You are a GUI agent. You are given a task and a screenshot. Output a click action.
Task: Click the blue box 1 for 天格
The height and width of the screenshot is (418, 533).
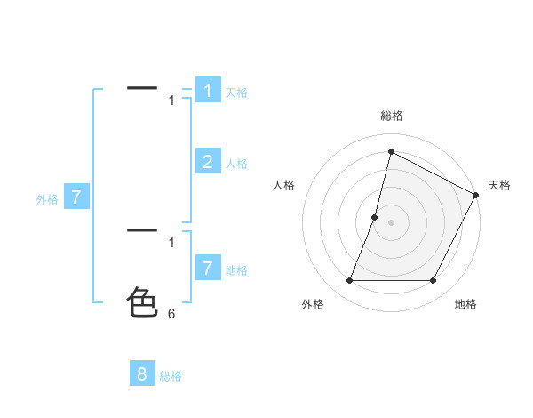click(x=208, y=91)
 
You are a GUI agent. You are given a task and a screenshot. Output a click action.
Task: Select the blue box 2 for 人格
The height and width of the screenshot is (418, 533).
click(x=208, y=162)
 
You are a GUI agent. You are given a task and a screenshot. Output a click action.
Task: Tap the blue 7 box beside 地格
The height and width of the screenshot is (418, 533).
click(x=208, y=269)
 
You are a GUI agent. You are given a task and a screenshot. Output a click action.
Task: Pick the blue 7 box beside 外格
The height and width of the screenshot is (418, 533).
click(x=76, y=198)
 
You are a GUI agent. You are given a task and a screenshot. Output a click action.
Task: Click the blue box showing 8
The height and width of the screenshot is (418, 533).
click(x=142, y=374)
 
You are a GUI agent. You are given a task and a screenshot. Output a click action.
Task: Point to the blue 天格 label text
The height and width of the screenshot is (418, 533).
click(x=236, y=92)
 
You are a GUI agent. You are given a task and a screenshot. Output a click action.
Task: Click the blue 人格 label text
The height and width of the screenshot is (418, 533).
click(x=236, y=164)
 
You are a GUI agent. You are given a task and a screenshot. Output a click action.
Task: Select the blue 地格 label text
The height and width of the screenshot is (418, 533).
click(x=236, y=270)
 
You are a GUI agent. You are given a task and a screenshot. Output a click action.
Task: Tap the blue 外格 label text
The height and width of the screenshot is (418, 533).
click(x=47, y=200)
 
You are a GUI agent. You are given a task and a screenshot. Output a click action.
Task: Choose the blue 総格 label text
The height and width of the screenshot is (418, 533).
click(x=171, y=376)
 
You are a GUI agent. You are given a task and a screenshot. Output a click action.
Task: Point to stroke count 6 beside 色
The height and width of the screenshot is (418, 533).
click(x=171, y=314)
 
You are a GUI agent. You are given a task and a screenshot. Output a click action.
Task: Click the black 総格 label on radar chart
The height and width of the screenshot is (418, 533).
click(x=392, y=116)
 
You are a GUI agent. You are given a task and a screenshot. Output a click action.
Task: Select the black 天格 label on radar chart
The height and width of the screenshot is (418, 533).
click(x=499, y=185)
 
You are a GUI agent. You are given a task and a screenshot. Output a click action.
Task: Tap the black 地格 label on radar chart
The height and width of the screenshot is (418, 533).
click(x=465, y=304)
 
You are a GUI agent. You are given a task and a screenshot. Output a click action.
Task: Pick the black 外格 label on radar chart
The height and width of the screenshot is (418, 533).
click(x=313, y=304)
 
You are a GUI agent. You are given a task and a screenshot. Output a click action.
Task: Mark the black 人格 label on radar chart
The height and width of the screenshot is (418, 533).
click(x=284, y=185)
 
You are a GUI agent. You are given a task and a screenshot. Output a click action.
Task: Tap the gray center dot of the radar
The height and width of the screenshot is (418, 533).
click(x=392, y=222)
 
